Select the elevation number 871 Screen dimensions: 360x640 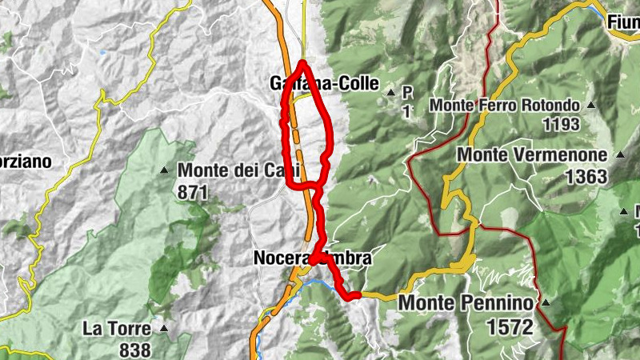coord(193,192)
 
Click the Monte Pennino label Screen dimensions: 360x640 coord(466,303)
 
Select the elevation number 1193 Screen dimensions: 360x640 coord(561,125)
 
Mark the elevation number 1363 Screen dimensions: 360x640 coord(586,177)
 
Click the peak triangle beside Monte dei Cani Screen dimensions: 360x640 coord(164,170)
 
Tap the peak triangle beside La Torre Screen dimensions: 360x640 coord(164,328)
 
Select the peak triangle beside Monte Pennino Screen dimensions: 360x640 coord(545,304)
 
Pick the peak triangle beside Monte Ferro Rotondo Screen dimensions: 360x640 coord(590,106)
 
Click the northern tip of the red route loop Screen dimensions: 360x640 coord(303,62)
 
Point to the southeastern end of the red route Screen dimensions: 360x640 coord(352,297)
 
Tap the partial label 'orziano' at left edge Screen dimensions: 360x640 coord(26,162)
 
